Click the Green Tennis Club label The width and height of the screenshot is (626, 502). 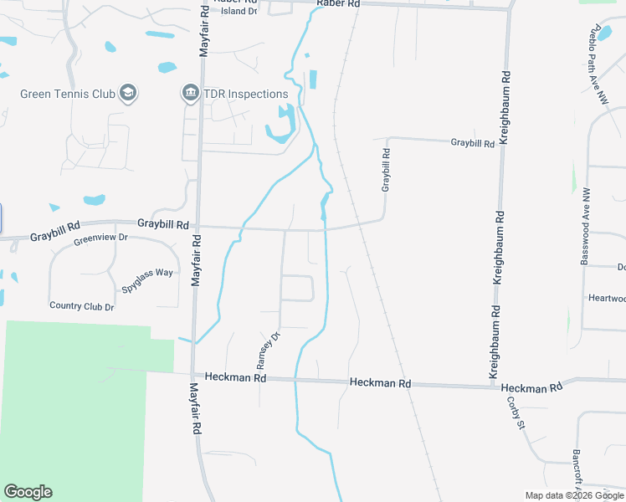coord(67,94)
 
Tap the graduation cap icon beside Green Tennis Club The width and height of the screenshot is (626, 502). coord(128,92)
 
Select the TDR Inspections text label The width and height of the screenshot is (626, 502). coord(246,94)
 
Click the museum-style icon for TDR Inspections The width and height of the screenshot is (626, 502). coord(190,93)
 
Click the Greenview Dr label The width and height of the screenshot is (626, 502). coord(100,238)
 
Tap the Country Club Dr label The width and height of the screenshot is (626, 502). coord(81,306)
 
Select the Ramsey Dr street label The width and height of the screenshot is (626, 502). coord(266,351)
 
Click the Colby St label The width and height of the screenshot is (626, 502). coord(515,412)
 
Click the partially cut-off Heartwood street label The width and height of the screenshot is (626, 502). coord(606,298)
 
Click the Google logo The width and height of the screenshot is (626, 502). coord(28,492)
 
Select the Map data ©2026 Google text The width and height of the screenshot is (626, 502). coord(574,495)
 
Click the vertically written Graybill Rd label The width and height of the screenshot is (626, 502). coord(386,171)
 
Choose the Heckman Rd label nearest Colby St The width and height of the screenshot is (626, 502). coord(531,388)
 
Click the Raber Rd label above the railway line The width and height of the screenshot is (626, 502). coord(338,4)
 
